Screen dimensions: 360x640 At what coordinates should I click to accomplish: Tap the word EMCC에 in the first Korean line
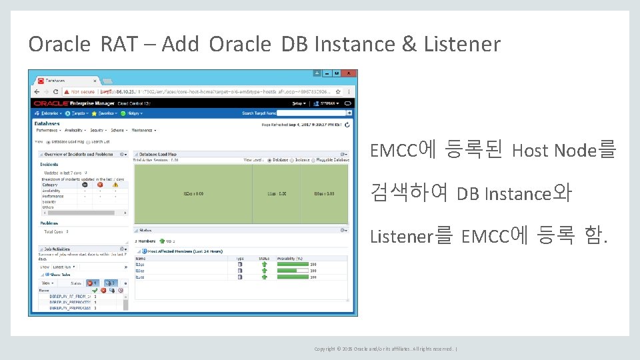click(402, 150)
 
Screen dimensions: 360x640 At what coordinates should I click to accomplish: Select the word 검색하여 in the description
click(409, 193)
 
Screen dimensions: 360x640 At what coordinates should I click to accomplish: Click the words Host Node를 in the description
click(563, 151)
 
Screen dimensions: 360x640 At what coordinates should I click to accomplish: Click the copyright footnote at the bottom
click(385, 349)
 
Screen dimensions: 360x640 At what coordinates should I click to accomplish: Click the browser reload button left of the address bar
click(56, 92)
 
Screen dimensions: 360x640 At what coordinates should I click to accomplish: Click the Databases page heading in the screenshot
click(47, 123)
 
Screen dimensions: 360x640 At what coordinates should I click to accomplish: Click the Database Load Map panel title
click(159, 154)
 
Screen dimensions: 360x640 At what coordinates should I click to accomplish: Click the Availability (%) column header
click(290, 258)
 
